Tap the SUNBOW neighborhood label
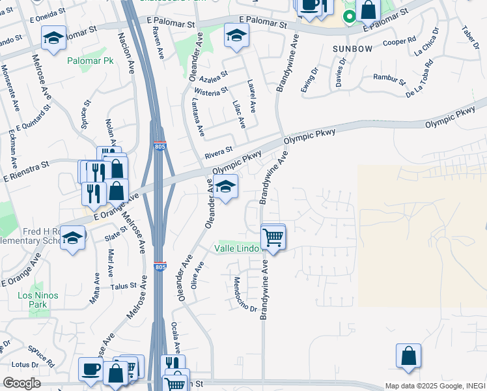352,49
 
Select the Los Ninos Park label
37,300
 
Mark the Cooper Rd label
400,41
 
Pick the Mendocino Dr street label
245,295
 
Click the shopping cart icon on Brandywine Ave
273,237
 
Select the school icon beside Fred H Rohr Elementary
73,238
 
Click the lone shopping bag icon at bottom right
408,356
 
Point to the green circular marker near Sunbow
350,17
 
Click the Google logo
21,383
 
